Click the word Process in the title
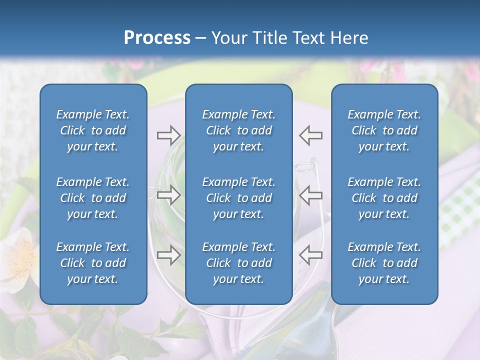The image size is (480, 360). (157, 38)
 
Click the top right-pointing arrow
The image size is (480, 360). (168, 135)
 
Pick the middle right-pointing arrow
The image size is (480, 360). (168, 195)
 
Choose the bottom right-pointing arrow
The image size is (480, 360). (168, 255)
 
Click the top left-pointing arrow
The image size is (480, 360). (311, 135)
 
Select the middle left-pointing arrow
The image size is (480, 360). (311, 195)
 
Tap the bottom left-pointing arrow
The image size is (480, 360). (311, 255)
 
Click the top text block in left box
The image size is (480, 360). (93, 130)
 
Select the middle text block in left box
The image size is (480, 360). (93, 198)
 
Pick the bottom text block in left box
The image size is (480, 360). (93, 263)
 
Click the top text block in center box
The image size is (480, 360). (239, 130)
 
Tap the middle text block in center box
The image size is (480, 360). (239, 198)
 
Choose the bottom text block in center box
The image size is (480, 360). (239, 263)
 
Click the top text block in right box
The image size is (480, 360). (384, 130)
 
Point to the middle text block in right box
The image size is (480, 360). (384, 198)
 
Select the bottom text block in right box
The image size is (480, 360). (384, 263)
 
